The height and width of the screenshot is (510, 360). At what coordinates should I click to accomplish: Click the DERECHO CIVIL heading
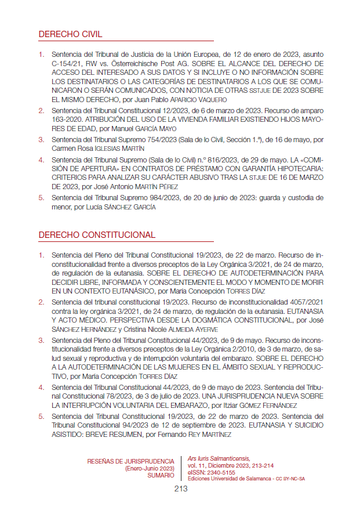tap(67, 34)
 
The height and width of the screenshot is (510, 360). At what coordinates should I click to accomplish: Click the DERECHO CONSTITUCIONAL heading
tap(97, 235)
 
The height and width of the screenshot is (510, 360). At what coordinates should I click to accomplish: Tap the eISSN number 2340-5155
tap(217, 472)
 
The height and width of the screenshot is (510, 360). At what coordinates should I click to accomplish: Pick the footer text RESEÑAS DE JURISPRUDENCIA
tap(130, 461)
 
